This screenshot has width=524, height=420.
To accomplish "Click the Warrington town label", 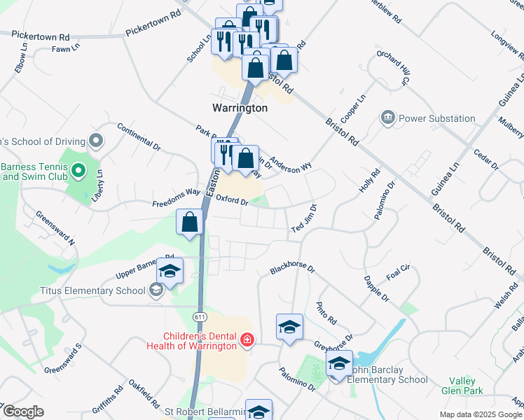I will tap(240, 108).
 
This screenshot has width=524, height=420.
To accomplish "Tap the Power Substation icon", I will tap(388, 118).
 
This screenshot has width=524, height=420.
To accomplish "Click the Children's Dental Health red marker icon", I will tap(247, 340).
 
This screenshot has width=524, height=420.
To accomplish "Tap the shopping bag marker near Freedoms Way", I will tap(190, 223).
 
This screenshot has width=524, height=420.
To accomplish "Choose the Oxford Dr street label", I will tap(233, 200).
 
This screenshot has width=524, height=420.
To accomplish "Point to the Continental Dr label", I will tap(139, 136).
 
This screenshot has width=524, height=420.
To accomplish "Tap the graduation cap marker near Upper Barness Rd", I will tap(169, 271).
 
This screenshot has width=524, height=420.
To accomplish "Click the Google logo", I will tap(23, 412).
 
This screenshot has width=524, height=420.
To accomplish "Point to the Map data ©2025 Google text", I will tap(480, 414).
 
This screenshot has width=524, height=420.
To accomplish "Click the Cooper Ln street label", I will tap(353, 108).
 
